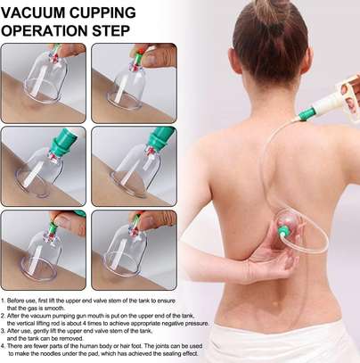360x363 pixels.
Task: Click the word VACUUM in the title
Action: (33, 12)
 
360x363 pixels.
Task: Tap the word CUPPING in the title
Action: (102, 12)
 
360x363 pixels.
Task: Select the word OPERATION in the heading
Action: (45, 30)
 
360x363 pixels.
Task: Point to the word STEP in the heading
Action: (110, 30)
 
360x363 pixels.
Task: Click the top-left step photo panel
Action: (44, 83)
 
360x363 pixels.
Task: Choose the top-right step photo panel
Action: (134, 83)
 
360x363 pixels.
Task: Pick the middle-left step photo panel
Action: (44, 166)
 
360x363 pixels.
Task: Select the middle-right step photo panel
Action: (134, 166)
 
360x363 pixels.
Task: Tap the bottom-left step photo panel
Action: (44, 250)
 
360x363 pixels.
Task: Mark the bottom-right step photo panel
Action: (134, 250)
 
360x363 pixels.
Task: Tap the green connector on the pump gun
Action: (306, 114)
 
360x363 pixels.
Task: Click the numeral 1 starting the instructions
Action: (3, 301)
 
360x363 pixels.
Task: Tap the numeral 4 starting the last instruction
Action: (3, 346)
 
